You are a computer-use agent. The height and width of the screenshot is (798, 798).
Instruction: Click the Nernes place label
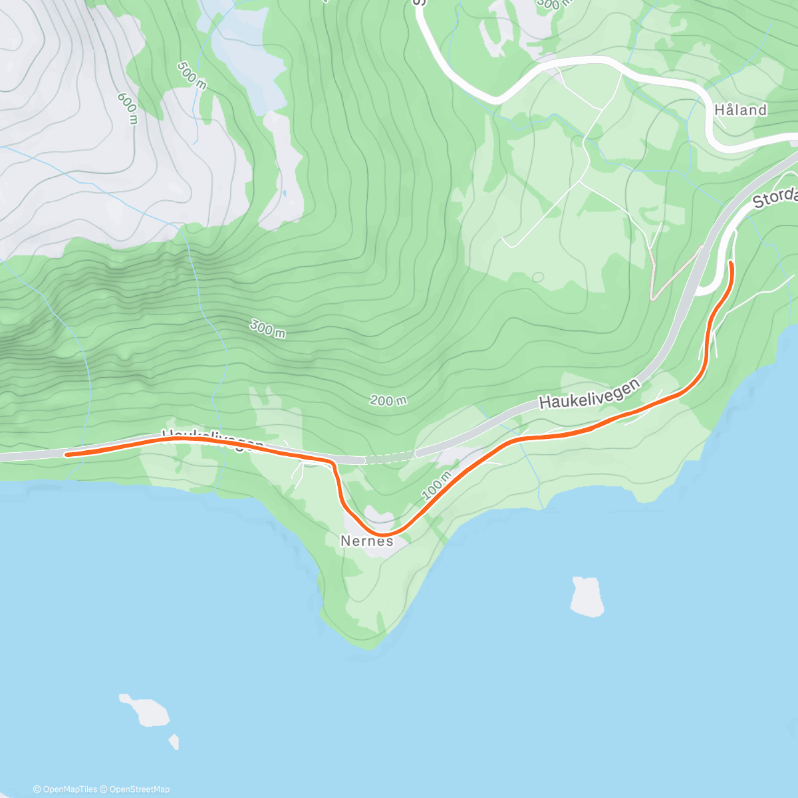coord(366,541)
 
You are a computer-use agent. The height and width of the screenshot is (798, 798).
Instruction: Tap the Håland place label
coord(740,110)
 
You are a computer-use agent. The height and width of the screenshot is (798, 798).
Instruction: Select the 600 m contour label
coord(128,108)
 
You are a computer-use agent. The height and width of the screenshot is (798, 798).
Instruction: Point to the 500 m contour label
coord(192,73)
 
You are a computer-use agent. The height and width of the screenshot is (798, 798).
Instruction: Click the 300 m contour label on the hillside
coord(267,328)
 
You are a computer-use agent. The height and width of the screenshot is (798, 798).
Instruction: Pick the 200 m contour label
coord(388,400)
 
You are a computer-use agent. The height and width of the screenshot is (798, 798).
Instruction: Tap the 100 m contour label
coord(437,485)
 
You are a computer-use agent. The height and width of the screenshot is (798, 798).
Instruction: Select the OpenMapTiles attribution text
coord(65,789)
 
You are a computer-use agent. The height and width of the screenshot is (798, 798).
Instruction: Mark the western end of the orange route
coord(67,455)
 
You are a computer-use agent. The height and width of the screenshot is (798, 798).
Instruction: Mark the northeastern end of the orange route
coord(731,264)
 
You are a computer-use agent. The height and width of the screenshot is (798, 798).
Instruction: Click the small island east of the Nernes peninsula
coord(587,596)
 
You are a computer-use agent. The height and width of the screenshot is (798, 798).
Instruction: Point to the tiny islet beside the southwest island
coord(174,741)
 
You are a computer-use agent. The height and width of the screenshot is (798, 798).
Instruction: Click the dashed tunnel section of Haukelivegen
coord(390,458)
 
